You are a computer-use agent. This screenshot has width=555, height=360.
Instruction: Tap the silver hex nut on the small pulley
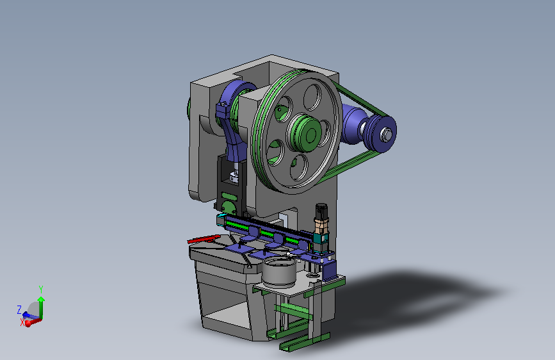(386, 135)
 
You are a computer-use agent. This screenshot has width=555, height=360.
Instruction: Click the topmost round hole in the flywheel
(312, 97)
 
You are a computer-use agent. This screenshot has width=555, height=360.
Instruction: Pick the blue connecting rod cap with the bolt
(223, 110)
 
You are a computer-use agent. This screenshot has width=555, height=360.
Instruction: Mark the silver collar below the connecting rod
(234, 176)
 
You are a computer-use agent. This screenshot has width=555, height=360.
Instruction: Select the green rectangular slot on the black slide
(229, 195)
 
